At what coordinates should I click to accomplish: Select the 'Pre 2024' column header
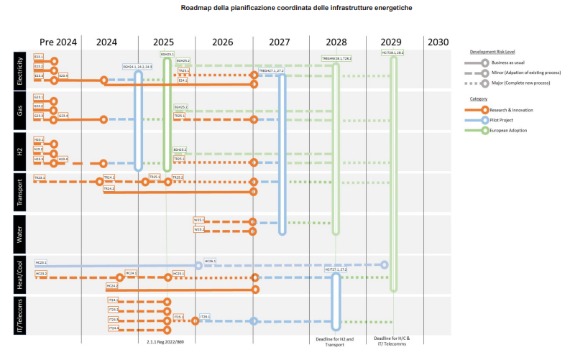tap(57, 42)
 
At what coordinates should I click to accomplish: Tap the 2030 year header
tap(438, 42)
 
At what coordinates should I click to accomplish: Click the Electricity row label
tap(20, 69)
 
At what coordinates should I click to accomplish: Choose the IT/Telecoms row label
tap(20, 316)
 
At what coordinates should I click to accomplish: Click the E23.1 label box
tap(39, 56)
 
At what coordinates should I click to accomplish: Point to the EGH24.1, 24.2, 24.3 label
tap(138, 66)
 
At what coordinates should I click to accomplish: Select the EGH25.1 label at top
tap(167, 54)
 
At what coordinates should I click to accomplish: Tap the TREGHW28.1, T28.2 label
tap(336, 58)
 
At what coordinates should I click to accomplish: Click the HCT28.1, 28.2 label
tap(392, 53)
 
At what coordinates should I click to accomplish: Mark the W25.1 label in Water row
tap(199, 219)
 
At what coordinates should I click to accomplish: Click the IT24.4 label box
tap(113, 328)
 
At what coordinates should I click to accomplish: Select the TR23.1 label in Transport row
tap(39, 177)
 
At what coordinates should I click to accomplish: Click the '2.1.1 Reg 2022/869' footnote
tap(166, 342)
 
